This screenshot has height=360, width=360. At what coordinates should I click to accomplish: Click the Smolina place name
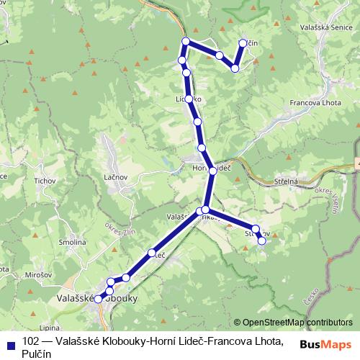[x=73, y=243]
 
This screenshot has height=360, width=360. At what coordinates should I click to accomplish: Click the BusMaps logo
[x=328, y=344]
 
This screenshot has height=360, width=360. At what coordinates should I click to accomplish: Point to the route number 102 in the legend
[x=31, y=340]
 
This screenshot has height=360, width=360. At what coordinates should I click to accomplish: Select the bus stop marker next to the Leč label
[x=152, y=253]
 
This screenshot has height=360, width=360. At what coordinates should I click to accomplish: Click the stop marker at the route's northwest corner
[x=186, y=41]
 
